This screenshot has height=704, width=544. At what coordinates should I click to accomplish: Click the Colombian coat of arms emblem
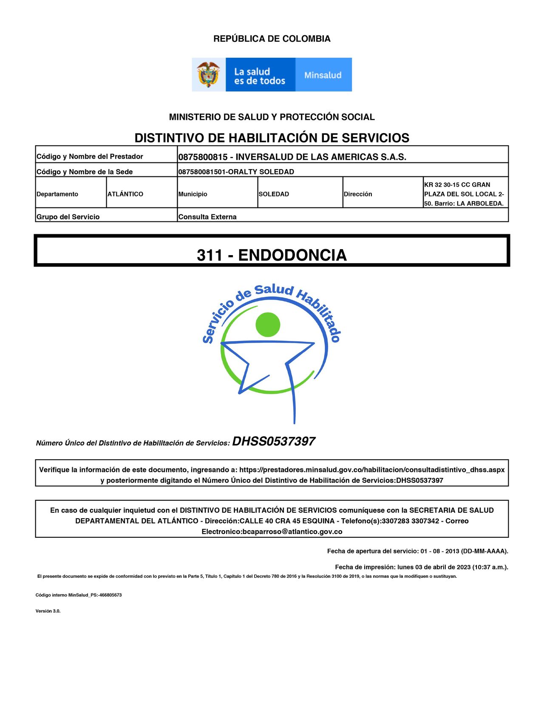click(x=208, y=75)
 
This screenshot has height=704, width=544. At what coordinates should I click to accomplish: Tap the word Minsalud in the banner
click(x=323, y=75)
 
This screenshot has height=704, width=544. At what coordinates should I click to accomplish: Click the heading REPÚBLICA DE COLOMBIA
click(x=272, y=39)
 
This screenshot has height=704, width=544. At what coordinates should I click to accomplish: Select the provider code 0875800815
click(x=203, y=157)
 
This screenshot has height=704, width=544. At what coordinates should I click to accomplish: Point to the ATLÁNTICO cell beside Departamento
click(x=125, y=194)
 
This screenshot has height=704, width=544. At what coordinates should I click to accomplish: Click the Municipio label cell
click(x=193, y=194)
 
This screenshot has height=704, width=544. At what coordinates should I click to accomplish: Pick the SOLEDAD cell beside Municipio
click(x=274, y=194)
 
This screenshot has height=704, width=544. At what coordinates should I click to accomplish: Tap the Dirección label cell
click(x=358, y=194)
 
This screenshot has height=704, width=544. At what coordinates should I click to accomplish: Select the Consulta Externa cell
click(x=207, y=217)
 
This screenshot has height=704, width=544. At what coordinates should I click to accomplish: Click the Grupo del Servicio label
click(x=68, y=217)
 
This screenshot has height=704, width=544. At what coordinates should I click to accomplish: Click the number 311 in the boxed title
click(x=210, y=255)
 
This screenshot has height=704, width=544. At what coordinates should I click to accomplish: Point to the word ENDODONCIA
click(x=292, y=255)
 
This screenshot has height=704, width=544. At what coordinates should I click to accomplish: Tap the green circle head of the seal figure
click(x=268, y=325)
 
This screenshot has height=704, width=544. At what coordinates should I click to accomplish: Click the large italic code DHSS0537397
click(x=273, y=441)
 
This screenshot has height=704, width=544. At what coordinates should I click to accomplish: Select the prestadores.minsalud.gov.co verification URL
click(x=372, y=470)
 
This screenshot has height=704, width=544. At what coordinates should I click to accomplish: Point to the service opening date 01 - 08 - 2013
click(x=440, y=551)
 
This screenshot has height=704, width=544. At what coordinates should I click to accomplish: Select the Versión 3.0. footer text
click(x=48, y=611)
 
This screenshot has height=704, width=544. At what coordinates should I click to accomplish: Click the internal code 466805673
click(x=110, y=595)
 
